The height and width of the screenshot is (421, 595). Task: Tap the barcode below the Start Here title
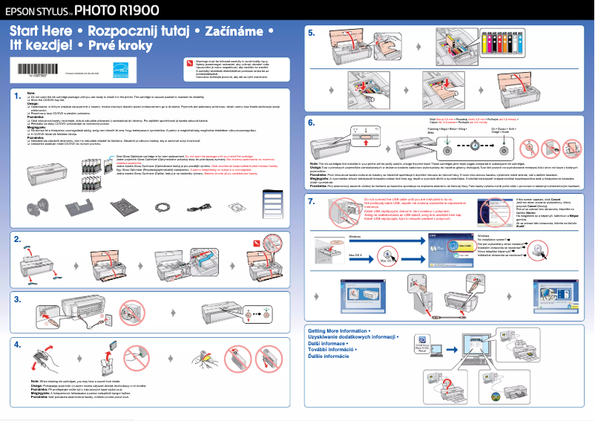pyautogui.click(x=33, y=69)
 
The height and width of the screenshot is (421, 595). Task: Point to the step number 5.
pyautogui.click(x=312, y=33)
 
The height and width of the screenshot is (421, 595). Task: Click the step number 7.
pyautogui.click(x=312, y=203)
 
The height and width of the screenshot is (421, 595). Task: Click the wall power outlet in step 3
pyautogui.click(x=131, y=313)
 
